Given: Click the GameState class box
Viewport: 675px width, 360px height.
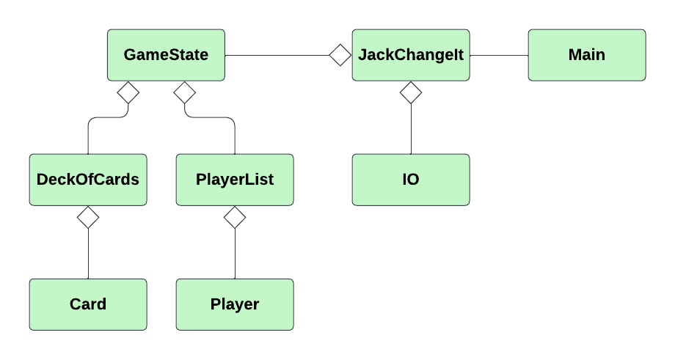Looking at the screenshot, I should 166,55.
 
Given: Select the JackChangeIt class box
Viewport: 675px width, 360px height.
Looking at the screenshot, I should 411,55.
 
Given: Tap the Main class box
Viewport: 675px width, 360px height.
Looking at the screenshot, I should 587,55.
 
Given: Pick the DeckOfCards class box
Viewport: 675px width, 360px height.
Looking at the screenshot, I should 88,180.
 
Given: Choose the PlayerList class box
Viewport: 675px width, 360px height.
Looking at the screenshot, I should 235,180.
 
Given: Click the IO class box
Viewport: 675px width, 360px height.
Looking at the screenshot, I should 411,180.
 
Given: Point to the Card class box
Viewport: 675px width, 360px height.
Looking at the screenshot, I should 88,304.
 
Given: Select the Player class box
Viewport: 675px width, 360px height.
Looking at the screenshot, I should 235,304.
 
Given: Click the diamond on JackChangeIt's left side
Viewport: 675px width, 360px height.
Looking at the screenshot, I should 340,55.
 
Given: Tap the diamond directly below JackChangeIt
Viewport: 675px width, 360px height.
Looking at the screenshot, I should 411,92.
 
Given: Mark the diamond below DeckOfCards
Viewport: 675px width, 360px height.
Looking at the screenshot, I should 88,217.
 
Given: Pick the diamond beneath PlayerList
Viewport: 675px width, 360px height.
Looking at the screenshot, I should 235,217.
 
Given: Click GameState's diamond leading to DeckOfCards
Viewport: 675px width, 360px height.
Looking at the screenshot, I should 128,92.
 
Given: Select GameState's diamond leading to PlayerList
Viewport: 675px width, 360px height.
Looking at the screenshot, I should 184,92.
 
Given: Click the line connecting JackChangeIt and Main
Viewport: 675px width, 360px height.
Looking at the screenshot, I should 499,55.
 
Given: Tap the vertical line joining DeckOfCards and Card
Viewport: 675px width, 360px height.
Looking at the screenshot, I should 88,253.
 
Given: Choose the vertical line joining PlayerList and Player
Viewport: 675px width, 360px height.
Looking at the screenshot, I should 235,253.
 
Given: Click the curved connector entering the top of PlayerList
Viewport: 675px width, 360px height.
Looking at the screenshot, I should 235,136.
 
